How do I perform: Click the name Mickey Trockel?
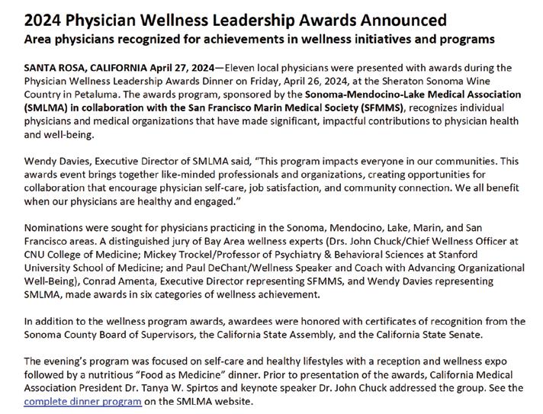tap(171, 255)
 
